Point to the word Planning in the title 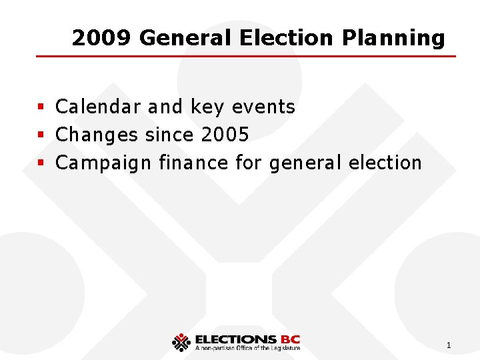click(393, 38)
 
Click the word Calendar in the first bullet click(98, 107)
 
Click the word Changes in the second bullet click(97, 135)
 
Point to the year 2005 click(225, 135)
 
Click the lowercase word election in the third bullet click(389, 162)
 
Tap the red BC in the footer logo click(290, 339)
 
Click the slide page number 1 click(449, 345)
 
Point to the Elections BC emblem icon click(181, 342)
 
